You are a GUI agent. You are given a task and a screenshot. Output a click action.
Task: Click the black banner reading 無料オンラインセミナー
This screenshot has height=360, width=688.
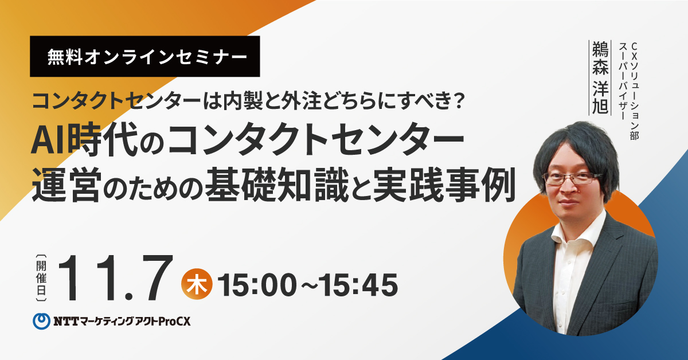(x=144, y=56)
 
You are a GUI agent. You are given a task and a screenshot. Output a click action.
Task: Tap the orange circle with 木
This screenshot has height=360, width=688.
(x=197, y=284)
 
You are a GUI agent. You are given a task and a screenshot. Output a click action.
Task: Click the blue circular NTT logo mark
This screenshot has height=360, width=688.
(x=41, y=321)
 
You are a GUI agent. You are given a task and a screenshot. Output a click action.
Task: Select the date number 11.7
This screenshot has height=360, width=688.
(x=116, y=278)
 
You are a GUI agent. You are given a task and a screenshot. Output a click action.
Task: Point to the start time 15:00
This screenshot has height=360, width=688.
(x=257, y=285)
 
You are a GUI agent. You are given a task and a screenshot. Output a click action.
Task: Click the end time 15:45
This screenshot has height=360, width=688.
(x=358, y=285)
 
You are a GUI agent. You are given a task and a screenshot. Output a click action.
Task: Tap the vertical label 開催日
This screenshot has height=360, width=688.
(x=41, y=278)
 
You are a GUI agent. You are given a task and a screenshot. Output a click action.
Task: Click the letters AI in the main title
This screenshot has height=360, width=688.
(x=49, y=140)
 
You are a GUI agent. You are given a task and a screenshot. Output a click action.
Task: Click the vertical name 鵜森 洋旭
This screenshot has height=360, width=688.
(x=600, y=78)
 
